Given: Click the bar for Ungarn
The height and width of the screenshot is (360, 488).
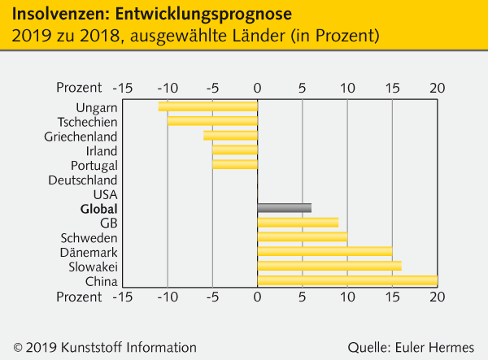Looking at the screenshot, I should pyautogui.click(x=207, y=106).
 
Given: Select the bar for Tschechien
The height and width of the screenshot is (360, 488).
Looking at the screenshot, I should pyautogui.click(x=212, y=121).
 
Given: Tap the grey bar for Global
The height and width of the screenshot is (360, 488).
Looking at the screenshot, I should pyautogui.click(x=284, y=208).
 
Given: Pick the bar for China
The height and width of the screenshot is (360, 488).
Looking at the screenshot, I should pyautogui.click(x=347, y=281).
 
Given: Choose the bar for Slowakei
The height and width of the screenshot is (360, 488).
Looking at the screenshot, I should pyautogui.click(x=329, y=267).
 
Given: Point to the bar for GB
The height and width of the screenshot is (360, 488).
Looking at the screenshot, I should pyautogui.click(x=298, y=223).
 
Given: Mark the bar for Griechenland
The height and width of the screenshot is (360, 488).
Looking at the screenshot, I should pyautogui.click(x=230, y=136).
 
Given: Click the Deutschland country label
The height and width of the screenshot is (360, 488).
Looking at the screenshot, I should pyautogui.click(x=82, y=180).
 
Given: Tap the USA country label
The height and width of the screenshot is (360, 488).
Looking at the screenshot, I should pyautogui.click(x=105, y=194).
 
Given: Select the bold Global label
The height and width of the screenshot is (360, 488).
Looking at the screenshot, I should pyautogui.click(x=98, y=209).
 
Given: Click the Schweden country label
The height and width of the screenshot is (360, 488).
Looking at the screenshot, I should pyautogui.click(x=89, y=238).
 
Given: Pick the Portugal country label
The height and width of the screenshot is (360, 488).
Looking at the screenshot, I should pyautogui.click(x=94, y=165).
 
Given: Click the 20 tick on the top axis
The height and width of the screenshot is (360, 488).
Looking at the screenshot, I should pyautogui.click(x=438, y=88).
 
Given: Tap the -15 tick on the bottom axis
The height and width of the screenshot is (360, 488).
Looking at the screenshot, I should pyautogui.click(x=122, y=297).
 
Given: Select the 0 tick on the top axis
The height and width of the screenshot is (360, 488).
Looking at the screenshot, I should pyautogui.click(x=257, y=88).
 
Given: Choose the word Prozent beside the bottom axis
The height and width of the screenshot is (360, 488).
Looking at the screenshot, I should pyautogui.click(x=79, y=297).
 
